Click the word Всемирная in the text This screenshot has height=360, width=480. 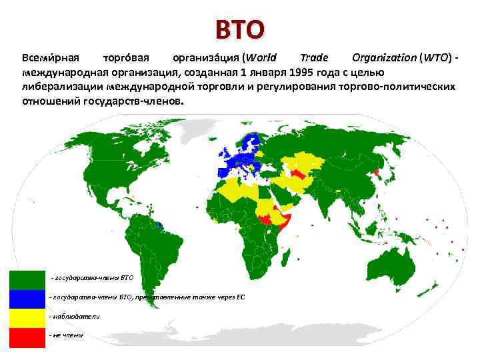click(51, 58)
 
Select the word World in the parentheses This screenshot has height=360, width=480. click(259, 58)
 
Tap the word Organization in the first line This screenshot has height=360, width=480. click(382, 58)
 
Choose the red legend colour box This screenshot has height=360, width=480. click(27, 337)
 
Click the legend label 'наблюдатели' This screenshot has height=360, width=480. click(75, 317)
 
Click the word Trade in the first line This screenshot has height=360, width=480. click(314, 58)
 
